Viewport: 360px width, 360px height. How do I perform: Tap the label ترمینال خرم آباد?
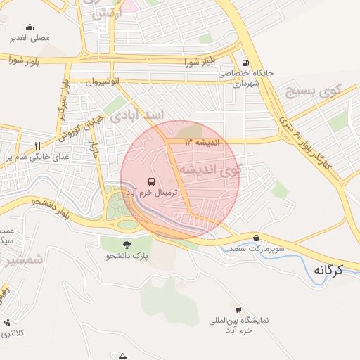[x=153, y=192]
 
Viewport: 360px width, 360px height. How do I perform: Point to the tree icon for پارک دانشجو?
[x=127, y=245]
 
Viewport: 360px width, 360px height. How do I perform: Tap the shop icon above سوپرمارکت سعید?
[x=255, y=238]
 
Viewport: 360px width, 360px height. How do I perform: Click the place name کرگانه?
[x=328, y=269]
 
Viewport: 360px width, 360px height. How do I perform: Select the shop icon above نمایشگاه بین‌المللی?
[x=238, y=309]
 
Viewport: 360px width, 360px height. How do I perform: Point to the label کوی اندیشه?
[x=210, y=169]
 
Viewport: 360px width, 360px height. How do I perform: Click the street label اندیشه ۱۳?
[x=202, y=142]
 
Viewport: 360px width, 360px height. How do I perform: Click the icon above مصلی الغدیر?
[x=30, y=27]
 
